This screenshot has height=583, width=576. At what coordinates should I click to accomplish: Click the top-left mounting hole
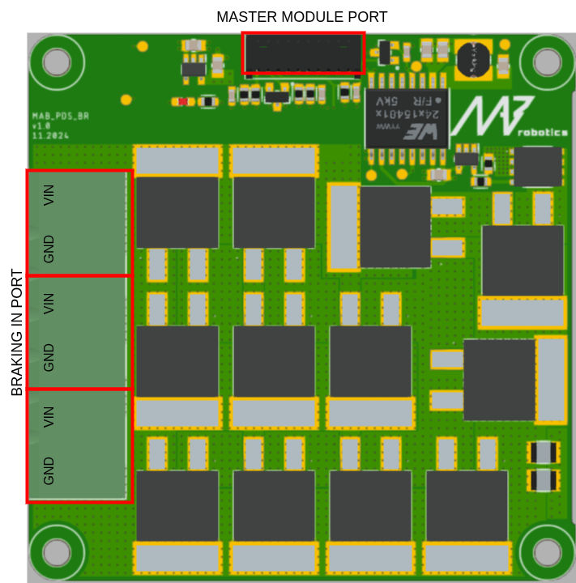(57, 62)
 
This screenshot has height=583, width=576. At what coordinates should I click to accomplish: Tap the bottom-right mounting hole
(547, 552)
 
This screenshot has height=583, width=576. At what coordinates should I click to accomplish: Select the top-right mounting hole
(547, 62)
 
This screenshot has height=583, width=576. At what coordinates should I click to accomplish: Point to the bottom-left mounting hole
(57, 552)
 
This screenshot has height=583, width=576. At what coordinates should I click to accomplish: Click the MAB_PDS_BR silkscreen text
(60, 117)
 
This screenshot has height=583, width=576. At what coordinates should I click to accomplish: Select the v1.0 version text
(41, 126)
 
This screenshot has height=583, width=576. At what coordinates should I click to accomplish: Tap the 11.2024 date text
(49, 136)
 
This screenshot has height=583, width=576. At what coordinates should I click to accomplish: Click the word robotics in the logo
(541, 133)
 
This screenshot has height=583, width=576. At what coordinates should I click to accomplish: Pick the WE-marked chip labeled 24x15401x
(407, 118)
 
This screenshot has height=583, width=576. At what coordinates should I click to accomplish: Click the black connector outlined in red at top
(303, 53)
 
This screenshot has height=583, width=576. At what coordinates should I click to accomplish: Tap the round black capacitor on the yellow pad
(473, 59)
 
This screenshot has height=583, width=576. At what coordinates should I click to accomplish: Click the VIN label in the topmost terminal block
(49, 194)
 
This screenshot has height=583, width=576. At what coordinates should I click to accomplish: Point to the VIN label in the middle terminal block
(49, 304)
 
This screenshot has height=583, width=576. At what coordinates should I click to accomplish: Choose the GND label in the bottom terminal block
(49, 470)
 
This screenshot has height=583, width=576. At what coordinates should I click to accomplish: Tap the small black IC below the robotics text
(537, 167)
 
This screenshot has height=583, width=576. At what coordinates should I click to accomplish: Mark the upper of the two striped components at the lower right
(543, 452)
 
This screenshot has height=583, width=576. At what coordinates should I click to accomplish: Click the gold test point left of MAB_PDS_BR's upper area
(126, 100)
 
